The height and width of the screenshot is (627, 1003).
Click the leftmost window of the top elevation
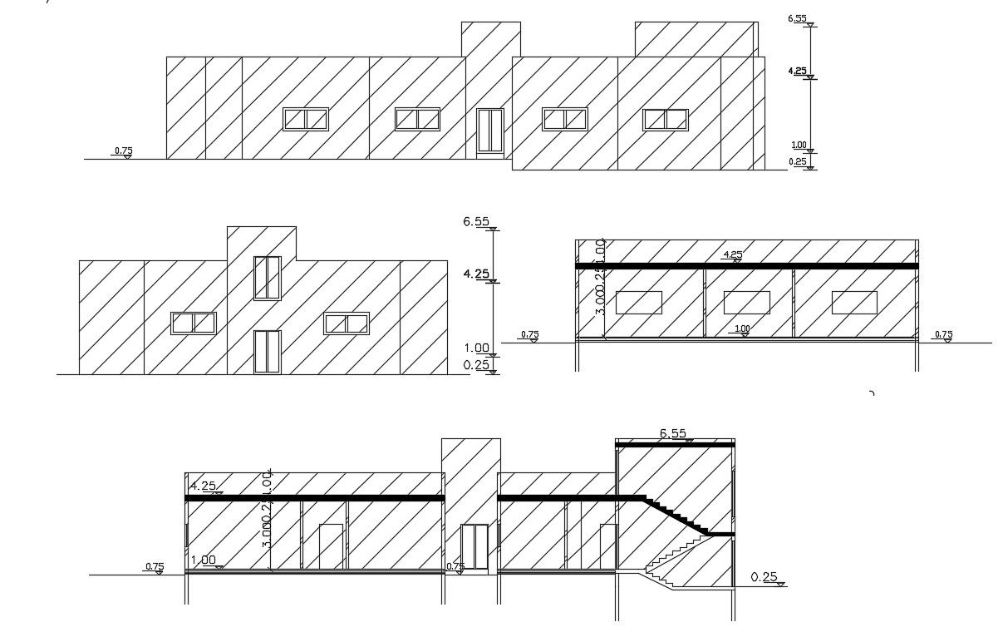[x=306, y=119]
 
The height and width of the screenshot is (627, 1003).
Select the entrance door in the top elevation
[x=490, y=131]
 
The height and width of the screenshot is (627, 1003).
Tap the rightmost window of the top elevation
[x=666, y=120]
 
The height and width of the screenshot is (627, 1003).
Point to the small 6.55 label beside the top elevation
[x=796, y=18]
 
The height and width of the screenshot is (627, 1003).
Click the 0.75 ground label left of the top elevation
[x=123, y=151]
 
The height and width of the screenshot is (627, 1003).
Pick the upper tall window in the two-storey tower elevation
[x=267, y=278]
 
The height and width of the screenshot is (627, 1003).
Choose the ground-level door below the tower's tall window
[x=267, y=352]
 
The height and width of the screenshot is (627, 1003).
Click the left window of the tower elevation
[x=194, y=323]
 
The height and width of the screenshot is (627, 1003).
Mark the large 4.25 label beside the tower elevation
[x=476, y=274]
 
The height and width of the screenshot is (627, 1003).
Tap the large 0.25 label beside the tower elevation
[x=476, y=365]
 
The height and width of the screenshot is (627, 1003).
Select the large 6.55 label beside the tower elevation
[x=476, y=222]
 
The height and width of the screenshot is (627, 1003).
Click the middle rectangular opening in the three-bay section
[x=746, y=302]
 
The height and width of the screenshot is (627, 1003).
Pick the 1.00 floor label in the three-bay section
[x=742, y=329]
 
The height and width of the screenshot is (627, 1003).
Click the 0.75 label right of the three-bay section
[x=943, y=335]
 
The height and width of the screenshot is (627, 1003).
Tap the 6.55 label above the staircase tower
[x=673, y=433]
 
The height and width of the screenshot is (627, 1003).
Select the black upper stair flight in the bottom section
[x=677, y=515]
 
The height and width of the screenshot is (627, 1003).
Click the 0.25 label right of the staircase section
[x=764, y=577]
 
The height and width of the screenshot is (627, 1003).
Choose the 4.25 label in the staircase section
[x=204, y=486]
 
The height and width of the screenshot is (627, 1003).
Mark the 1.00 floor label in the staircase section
[x=204, y=560]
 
